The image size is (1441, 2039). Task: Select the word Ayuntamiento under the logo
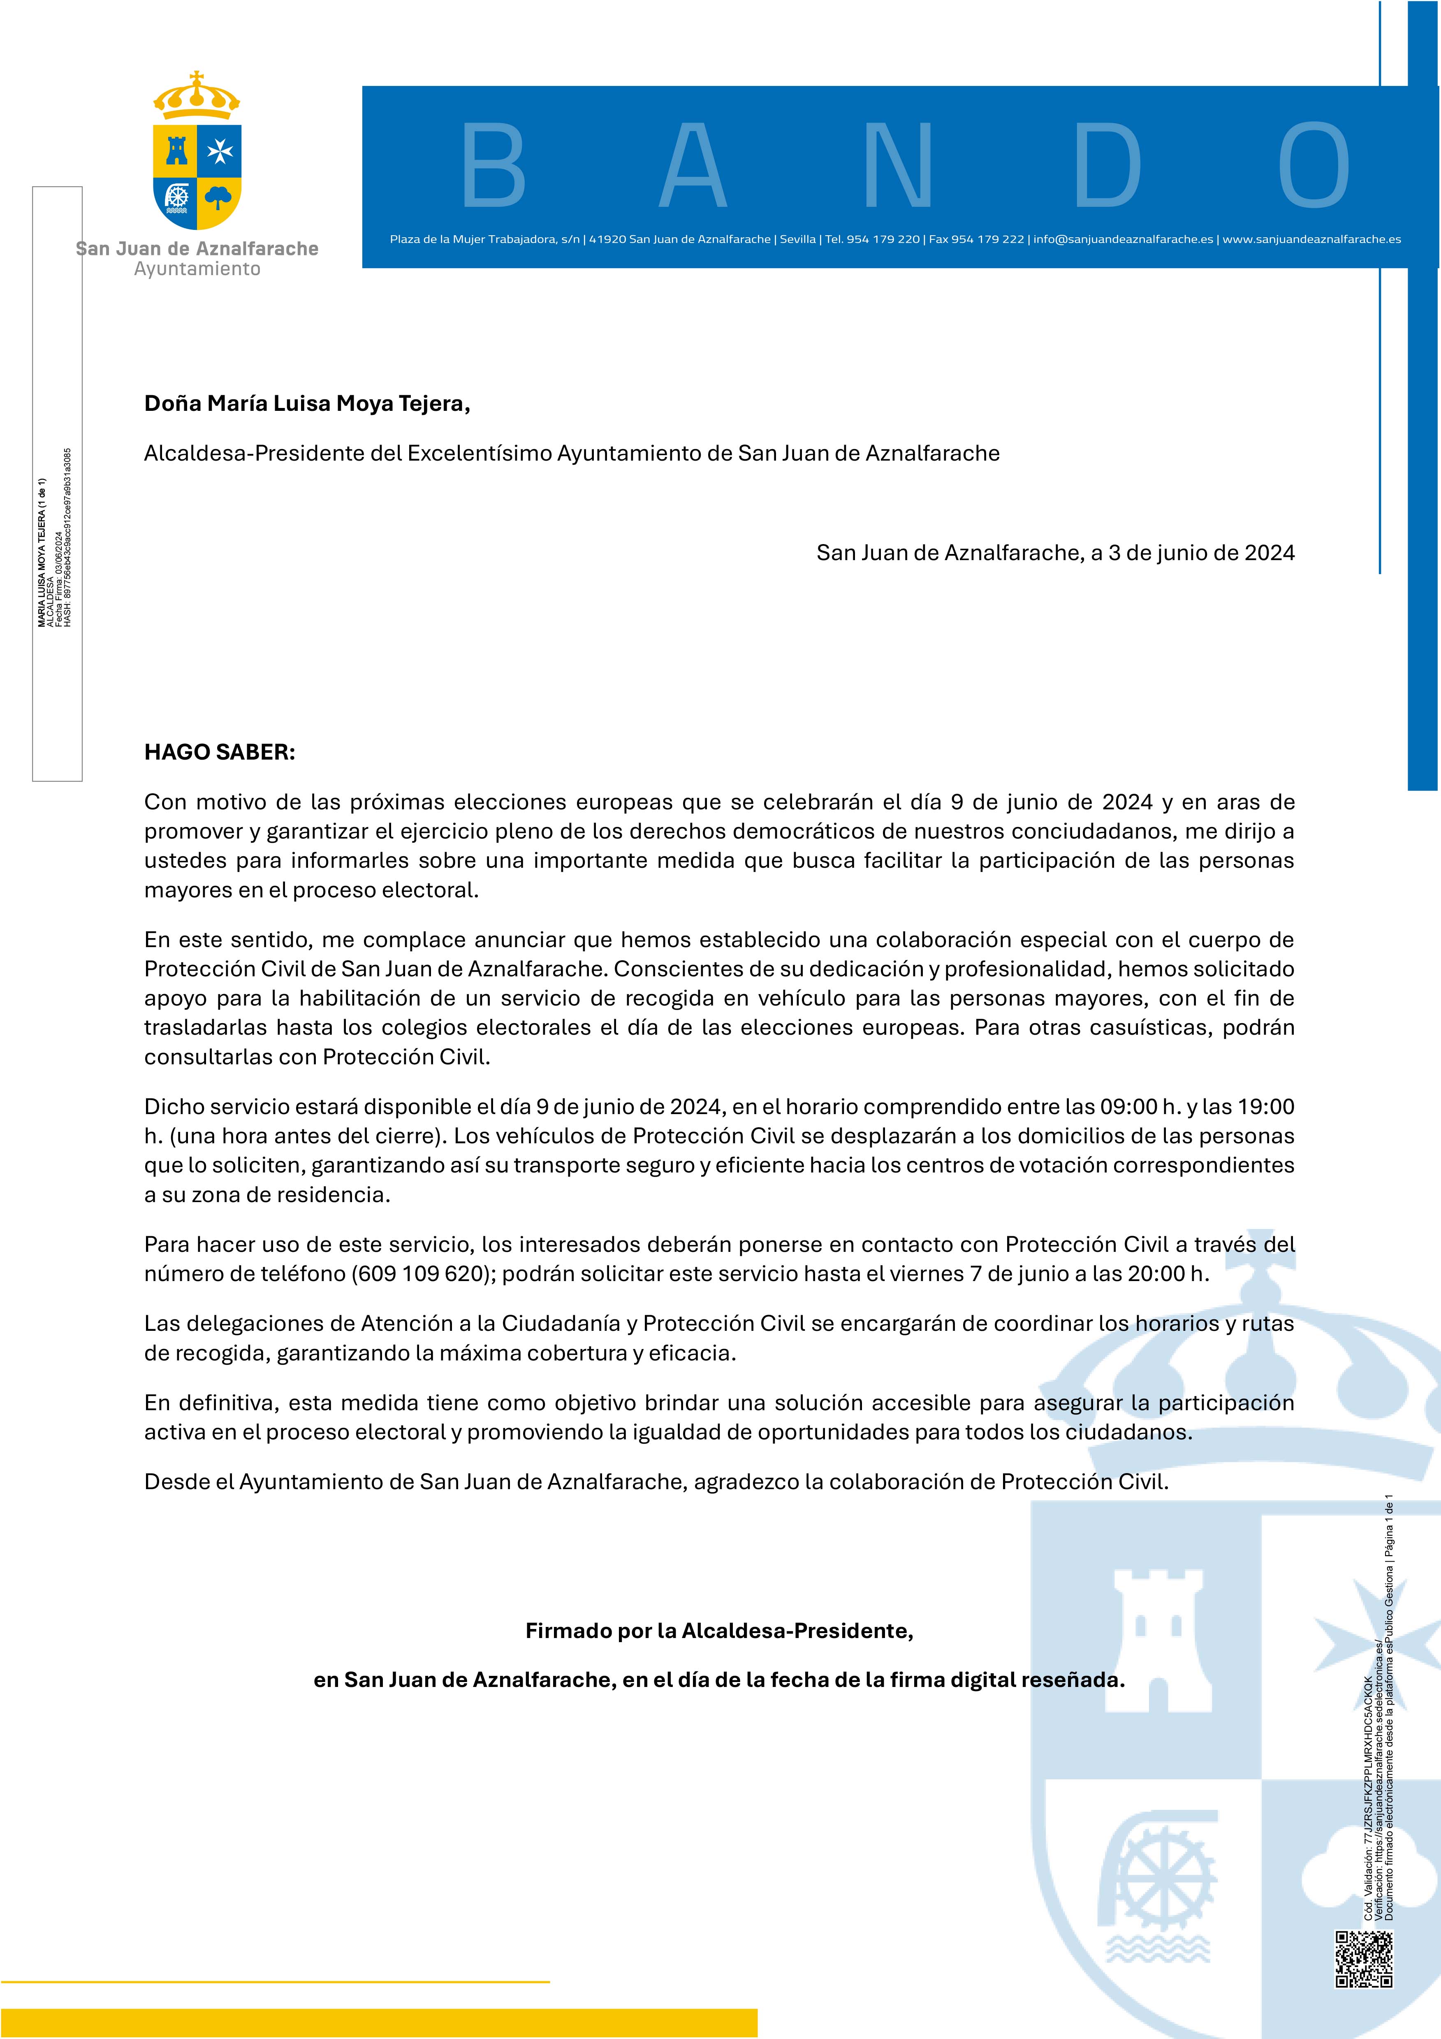197,269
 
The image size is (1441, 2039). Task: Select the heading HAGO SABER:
219,752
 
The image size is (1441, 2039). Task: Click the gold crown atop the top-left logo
197,96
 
